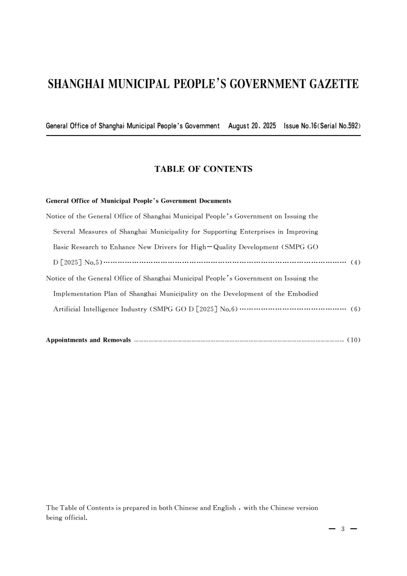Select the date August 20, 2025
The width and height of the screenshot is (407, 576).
(251, 126)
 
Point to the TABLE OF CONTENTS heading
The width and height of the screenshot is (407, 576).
(203, 168)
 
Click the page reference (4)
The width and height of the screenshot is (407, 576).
(355, 263)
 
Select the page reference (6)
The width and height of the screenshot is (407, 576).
(355, 310)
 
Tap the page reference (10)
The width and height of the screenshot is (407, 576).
(354, 340)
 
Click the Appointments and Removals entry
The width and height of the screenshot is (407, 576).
(88, 340)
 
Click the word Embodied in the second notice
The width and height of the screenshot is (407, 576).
(303, 294)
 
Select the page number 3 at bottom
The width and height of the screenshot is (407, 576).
(342, 529)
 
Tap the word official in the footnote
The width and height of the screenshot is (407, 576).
(76, 517)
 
